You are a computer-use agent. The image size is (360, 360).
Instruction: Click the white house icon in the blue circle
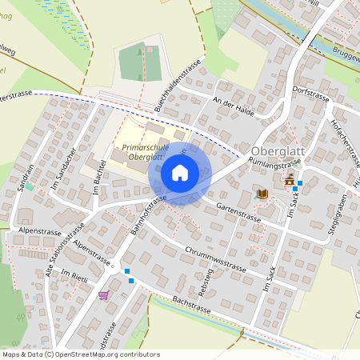tap(180, 173)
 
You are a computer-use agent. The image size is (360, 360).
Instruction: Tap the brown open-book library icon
tap(262, 194)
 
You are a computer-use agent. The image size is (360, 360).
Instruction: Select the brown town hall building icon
tap(289, 179)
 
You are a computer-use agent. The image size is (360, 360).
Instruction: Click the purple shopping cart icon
tap(102, 295)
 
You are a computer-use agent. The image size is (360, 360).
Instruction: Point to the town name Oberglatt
tap(277, 151)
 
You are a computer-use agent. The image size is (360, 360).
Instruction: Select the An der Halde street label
tap(234, 107)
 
